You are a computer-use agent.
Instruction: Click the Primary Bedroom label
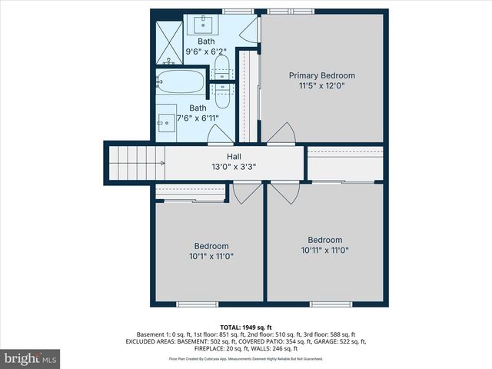[321, 75]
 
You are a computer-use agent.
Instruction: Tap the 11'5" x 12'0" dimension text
[321, 86]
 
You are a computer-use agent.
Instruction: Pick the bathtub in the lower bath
[181, 81]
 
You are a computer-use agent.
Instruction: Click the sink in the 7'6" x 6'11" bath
[166, 121]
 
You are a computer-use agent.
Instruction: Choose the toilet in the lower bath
[221, 93]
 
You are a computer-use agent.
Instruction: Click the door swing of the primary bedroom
[281, 133]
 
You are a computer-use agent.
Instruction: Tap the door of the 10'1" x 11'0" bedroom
[247, 193]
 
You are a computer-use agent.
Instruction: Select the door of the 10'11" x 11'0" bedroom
[283, 193]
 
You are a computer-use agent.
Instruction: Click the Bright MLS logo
[31, 358]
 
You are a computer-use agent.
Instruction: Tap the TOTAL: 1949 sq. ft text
[245, 327]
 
